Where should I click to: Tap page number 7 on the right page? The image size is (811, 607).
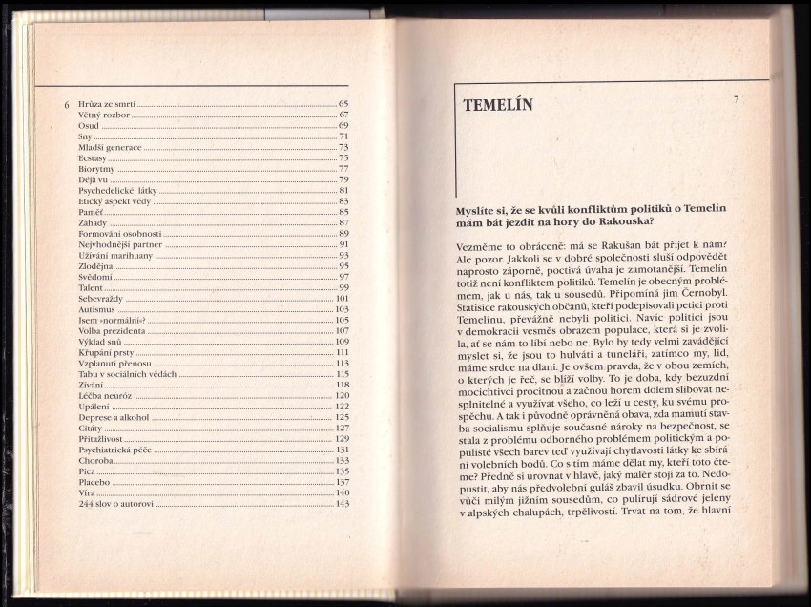point(737,99)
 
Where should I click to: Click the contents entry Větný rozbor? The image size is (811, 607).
point(105,114)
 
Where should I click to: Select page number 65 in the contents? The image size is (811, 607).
point(343,102)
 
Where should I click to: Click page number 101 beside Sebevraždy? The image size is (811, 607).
point(343,298)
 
